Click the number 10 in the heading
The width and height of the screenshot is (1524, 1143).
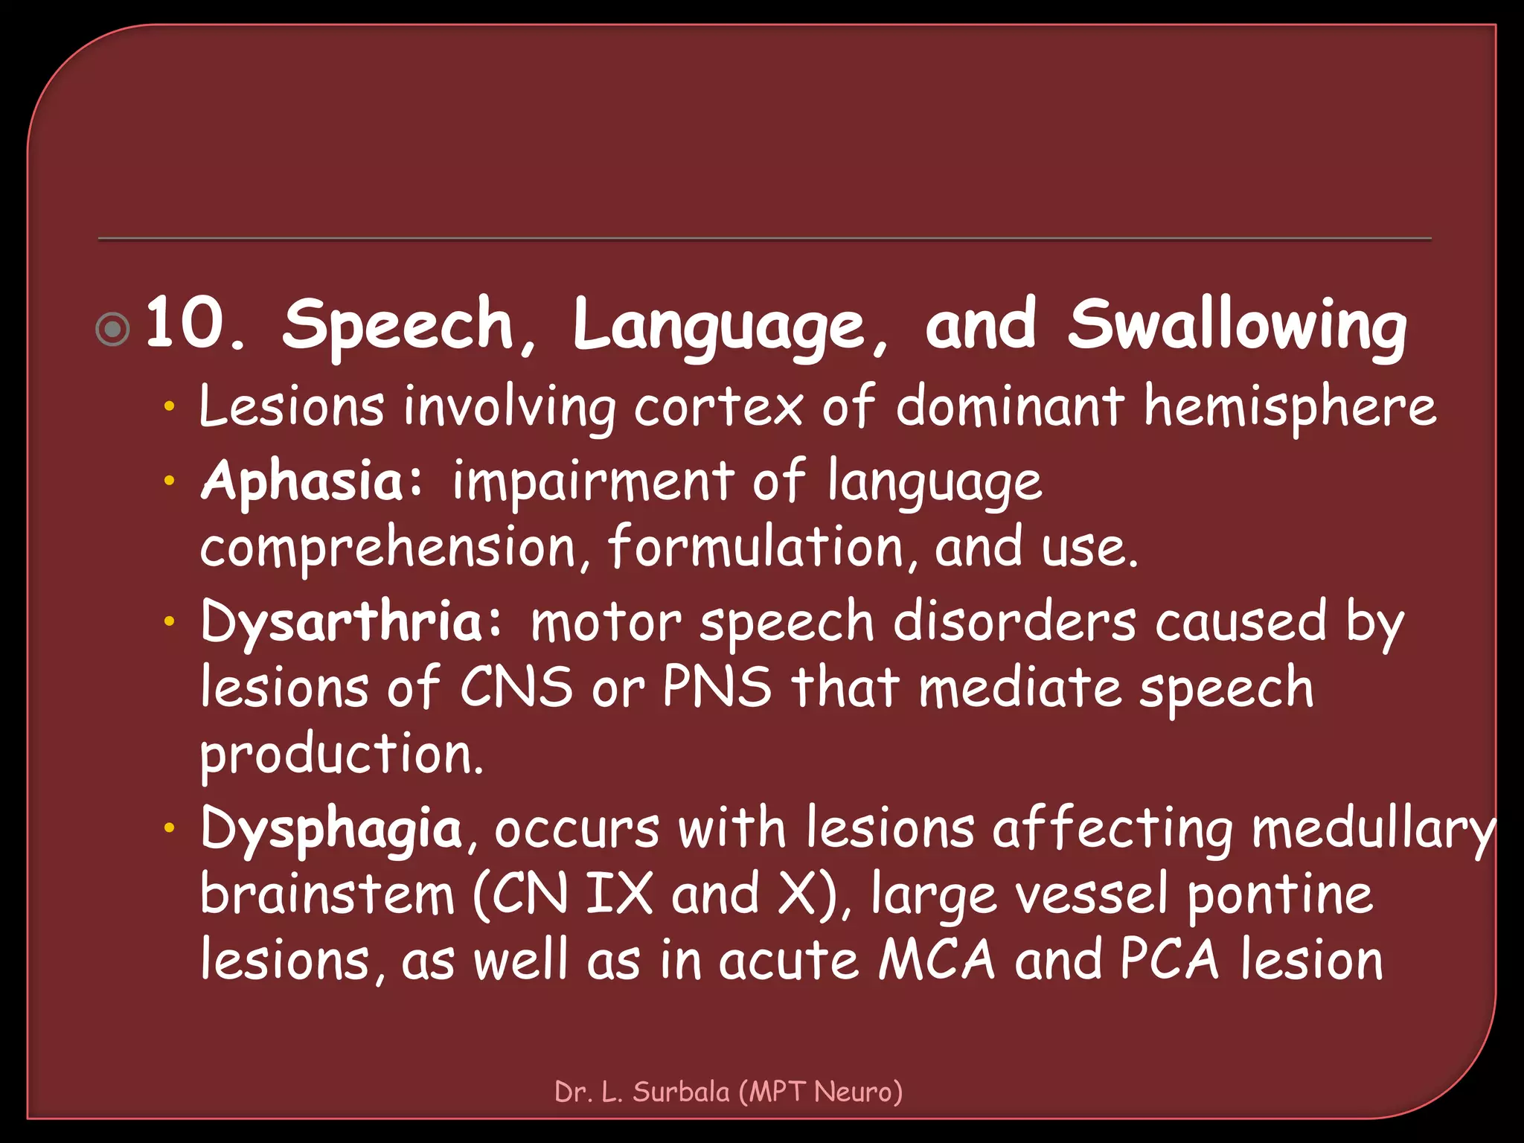pos(186,324)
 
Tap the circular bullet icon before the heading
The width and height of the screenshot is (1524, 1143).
pos(113,329)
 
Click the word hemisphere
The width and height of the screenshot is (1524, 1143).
pos(1290,407)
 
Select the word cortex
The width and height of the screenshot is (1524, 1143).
pos(718,407)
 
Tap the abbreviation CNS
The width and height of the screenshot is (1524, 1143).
pos(516,687)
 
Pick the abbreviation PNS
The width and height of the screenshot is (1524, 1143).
pos(717,687)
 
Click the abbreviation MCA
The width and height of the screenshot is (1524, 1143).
pos(937,960)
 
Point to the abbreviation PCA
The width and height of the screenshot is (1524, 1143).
pos(1169,960)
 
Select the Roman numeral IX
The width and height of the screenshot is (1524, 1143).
pos(619,894)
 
